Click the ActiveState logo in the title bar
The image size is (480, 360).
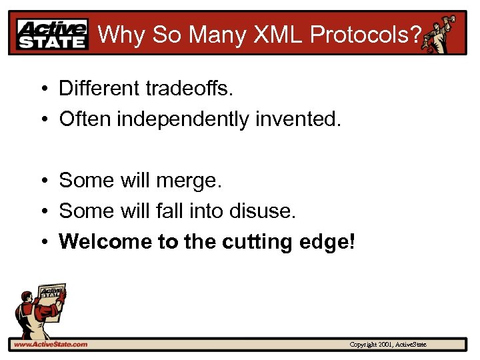(53, 34)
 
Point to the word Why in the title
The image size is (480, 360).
(122, 34)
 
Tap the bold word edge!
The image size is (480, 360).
(328, 241)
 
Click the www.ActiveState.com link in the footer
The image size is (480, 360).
(51, 344)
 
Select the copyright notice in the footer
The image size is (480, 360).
(388, 344)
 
